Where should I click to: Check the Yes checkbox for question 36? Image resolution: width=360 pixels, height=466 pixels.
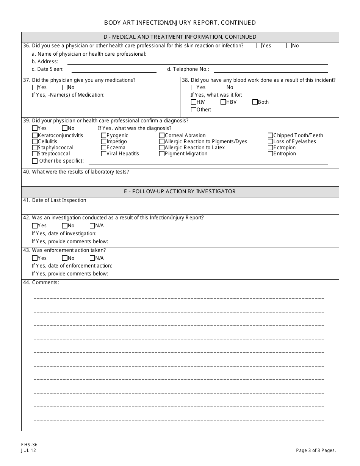point(259,46)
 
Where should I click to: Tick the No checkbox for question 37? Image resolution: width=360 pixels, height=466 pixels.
point(64,88)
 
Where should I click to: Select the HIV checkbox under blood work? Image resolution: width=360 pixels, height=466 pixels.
point(194,102)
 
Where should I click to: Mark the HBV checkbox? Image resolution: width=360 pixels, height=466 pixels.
point(223,102)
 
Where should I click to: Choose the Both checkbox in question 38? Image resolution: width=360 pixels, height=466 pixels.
point(255,102)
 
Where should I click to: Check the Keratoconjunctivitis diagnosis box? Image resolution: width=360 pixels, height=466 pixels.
point(35,136)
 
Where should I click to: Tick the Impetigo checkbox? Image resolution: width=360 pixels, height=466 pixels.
point(103,142)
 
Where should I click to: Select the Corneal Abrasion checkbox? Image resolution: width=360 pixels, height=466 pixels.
point(162,136)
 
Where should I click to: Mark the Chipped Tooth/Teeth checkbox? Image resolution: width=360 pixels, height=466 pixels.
point(270,136)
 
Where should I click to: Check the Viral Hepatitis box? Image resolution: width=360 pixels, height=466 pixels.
point(103,154)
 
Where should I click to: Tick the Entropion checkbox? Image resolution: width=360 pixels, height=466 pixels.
point(270,154)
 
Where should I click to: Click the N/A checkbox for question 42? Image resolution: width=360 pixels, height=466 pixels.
point(92,226)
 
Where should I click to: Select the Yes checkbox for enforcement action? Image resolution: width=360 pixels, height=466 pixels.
point(35,258)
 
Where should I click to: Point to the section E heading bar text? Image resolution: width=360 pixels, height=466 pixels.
point(180,192)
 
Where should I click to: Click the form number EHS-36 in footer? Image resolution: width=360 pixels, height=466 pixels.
point(29,445)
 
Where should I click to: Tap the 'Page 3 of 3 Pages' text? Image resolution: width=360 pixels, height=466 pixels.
point(316,450)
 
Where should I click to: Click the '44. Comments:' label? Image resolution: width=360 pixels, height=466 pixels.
point(41,283)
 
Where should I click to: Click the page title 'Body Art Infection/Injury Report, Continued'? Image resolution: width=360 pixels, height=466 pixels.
point(180,23)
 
